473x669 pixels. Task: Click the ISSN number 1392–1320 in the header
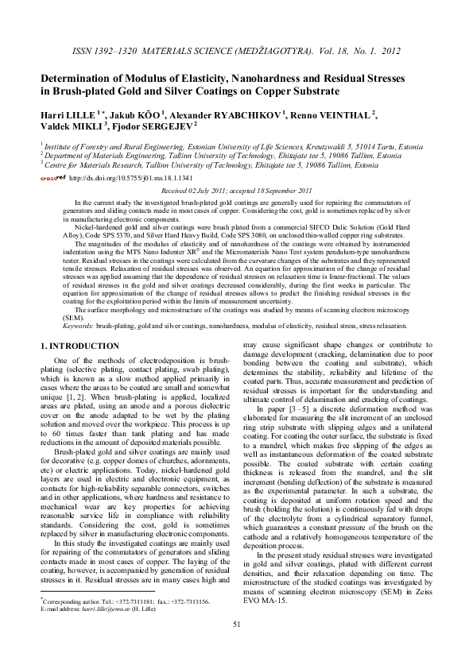122,50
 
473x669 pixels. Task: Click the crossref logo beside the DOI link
53,179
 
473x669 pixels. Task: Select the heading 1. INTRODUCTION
79,346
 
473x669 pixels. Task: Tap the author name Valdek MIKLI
70,126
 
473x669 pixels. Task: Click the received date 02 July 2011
210,191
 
